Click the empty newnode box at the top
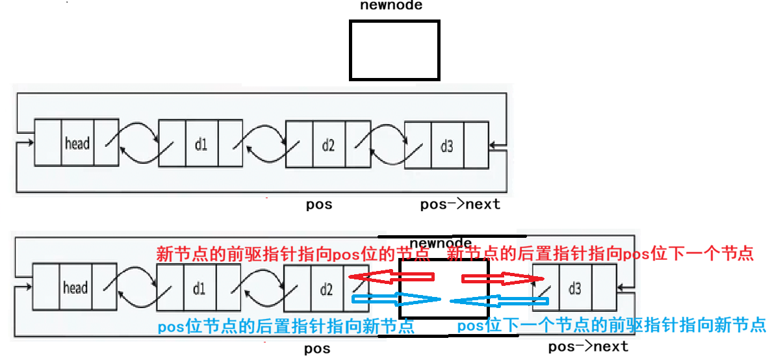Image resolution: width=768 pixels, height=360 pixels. [394, 50]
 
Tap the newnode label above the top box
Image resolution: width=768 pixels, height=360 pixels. [391, 6]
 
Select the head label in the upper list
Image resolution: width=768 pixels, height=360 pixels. [77, 143]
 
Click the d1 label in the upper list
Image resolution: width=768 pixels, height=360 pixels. [201, 144]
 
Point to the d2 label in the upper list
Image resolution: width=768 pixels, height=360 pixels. [328, 144]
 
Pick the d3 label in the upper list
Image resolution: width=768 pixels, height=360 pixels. [447, 146]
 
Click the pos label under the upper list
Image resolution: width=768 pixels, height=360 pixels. [319, 205]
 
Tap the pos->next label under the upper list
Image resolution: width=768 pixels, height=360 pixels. [460, 205]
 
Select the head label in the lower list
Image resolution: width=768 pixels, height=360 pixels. [75, 287]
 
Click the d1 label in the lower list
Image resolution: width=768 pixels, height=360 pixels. [198, 288]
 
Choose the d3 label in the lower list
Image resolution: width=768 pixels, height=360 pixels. [574, 288]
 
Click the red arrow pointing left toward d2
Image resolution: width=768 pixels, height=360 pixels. [391, 277]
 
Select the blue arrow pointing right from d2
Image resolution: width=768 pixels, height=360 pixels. [395, 300]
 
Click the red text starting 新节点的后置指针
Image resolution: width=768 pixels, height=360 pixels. [600, 253]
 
